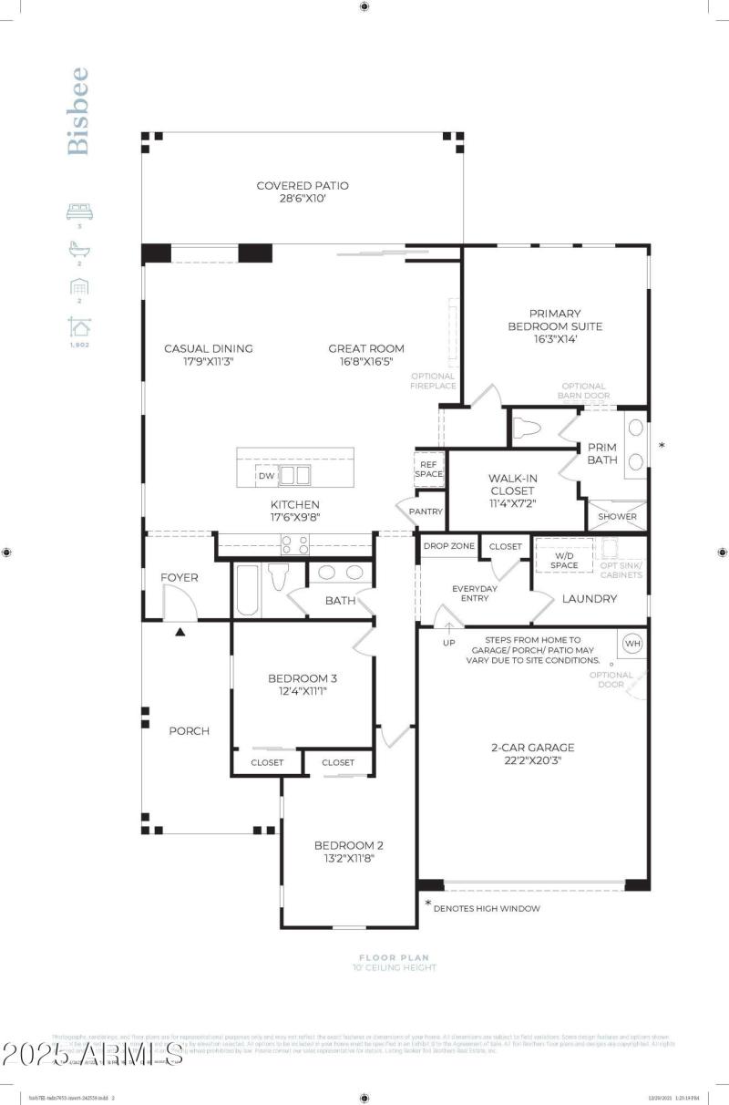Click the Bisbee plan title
coord(79,110)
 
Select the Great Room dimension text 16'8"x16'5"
coord(366,362)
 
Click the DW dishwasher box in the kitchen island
coord(266,476)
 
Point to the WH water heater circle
coord(631,644)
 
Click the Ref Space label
coord(428,468)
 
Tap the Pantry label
coord(426,511)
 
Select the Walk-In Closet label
coord(511,484)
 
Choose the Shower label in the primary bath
coord(617,517)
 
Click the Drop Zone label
coord(448,545)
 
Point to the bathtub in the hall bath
coord(247,590)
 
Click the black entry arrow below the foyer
coord(180,632)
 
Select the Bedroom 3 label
coord(303,678)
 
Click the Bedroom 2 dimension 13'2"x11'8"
coord(343,858)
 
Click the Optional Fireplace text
coord(433,381)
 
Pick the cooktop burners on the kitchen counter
coord(296,544)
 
